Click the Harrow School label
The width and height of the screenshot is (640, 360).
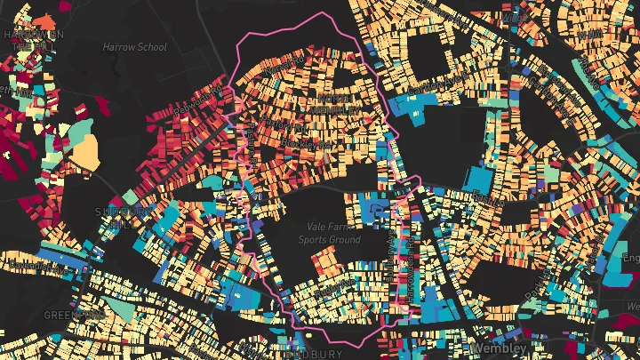click(x=134, y=46)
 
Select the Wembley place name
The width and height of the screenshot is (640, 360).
click(x=500, y=347)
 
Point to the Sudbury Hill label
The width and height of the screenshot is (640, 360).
click(x=118, y=217)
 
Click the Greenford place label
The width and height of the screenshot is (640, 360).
click(x=73, y=315)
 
